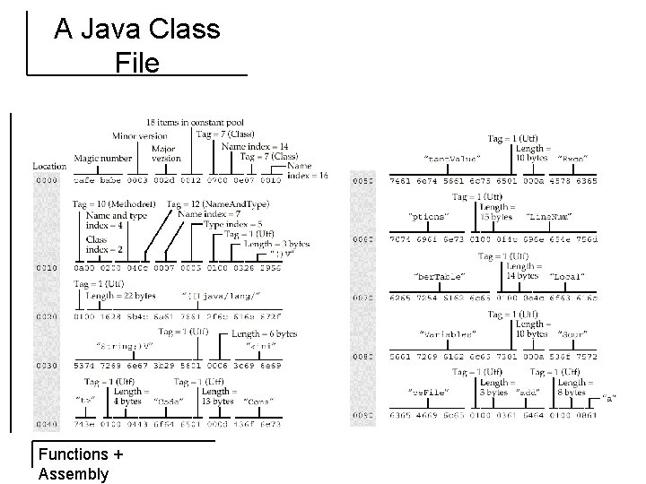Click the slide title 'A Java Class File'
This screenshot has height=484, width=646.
136,46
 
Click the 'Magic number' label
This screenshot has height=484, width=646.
103,159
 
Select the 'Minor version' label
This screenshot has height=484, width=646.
139,136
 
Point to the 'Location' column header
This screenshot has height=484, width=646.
49,166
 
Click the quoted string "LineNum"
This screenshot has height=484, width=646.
549,216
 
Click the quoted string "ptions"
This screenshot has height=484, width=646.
429,216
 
